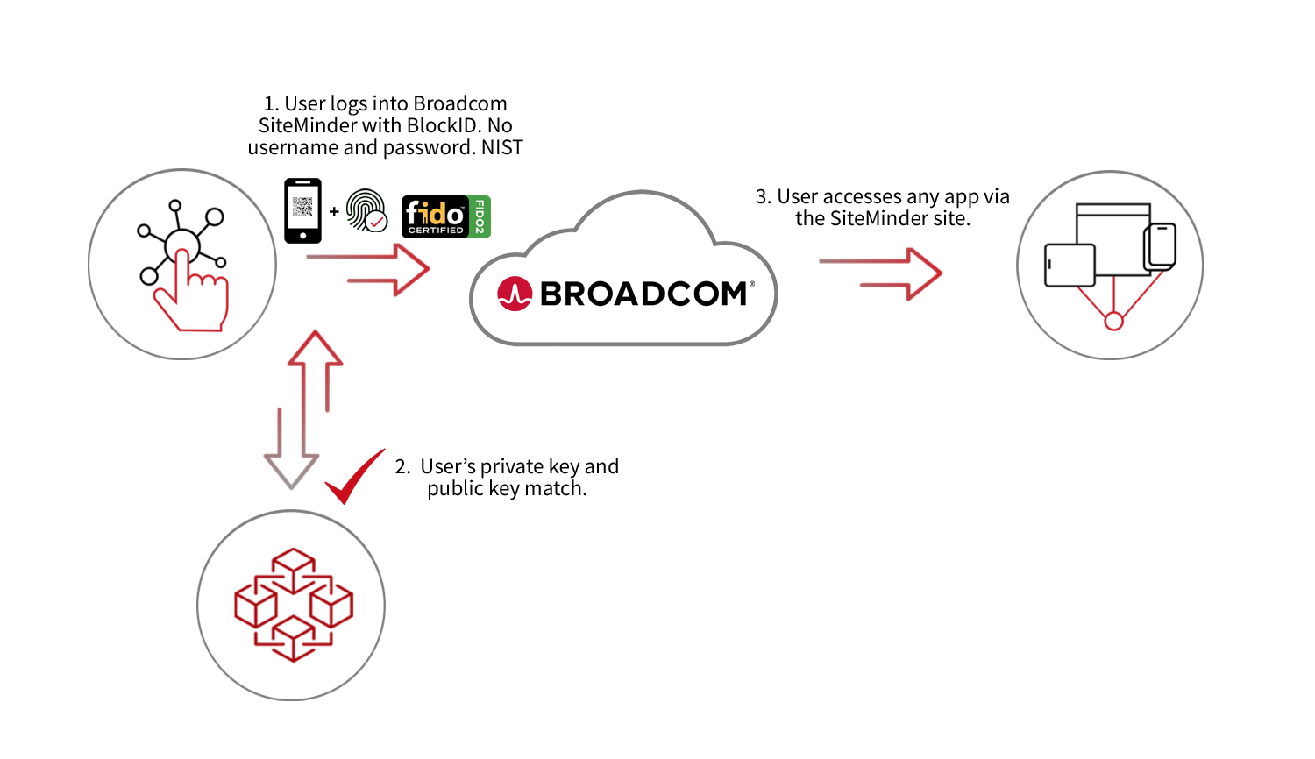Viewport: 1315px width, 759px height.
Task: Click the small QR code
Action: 302,207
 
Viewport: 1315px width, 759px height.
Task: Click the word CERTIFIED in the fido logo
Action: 436,231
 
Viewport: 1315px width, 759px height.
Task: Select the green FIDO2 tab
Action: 480,216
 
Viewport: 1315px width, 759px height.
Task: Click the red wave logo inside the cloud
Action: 515,294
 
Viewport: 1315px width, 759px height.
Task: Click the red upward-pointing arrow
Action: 315,368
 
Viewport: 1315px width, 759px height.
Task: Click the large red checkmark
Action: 353,478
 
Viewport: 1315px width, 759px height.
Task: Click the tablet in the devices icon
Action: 1070,265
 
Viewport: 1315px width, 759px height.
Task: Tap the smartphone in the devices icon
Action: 1160,247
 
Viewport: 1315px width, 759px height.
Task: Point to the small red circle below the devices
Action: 1113,322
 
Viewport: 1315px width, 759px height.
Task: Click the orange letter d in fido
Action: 432,213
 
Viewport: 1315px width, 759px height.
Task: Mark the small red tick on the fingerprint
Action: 377,223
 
